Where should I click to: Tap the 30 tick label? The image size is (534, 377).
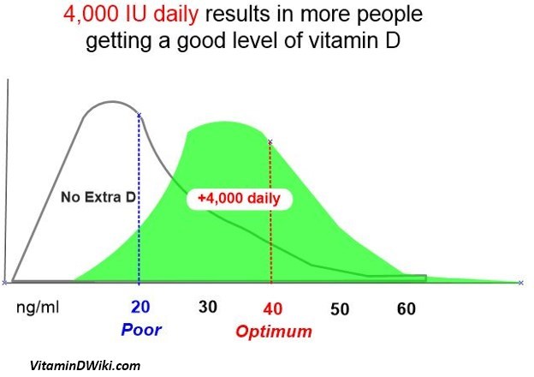209,307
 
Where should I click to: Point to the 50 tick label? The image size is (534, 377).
340,308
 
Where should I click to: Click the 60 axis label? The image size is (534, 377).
406,308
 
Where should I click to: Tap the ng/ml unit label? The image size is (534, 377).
39,307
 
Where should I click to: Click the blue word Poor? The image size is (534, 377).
140,330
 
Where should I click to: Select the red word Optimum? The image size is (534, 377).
274,332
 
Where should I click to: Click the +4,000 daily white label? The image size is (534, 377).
239,198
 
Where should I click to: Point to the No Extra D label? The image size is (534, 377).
98,198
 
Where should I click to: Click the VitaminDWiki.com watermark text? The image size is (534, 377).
85,366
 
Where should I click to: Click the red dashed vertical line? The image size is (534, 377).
270,231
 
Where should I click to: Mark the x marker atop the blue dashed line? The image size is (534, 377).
139,114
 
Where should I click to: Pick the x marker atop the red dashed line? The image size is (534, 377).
270,142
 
